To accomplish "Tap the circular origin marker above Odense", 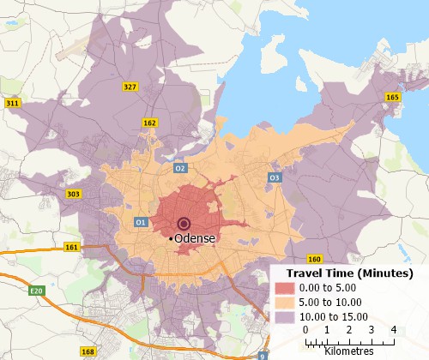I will [182, 225].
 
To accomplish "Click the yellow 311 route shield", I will [13, 103].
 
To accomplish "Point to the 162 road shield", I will [149, 123].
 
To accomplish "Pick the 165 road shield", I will [393, 98].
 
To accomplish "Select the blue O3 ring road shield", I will [275, 177].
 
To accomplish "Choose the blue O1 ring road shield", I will [141, 222].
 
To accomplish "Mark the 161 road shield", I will [71, 247].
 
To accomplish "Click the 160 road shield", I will [314, 259].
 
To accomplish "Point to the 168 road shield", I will [88, 351].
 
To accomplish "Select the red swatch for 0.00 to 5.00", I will [286, 286].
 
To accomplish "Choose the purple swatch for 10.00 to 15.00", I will [286, 315].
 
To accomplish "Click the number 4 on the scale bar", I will [393, 329].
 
